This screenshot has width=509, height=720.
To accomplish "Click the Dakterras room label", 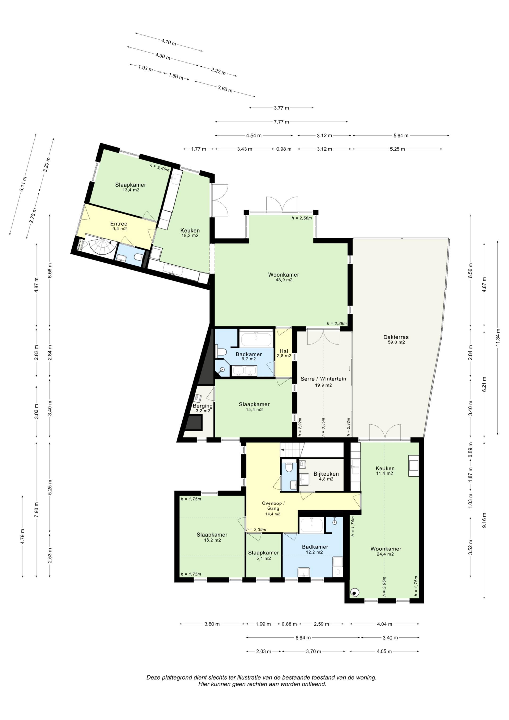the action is pyautogui.click(x=396, y=337).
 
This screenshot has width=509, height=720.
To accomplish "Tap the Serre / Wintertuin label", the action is pyautogui.click(x=323, y=379).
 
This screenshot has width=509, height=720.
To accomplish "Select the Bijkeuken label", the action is pyautogui.click(x=326, y=474).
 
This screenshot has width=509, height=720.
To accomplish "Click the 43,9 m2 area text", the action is pyautogui.click(x=283, y=280).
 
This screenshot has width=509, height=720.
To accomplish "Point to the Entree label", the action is pyautogui.click(x=119, y=224).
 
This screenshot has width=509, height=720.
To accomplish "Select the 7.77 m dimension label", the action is pyautogui.click(x=281, y=122).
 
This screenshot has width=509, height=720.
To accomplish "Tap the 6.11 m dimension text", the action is pyautogui.click(x=23, y=184).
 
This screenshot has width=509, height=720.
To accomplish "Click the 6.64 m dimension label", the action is pyautogui.click(x=303, y=638).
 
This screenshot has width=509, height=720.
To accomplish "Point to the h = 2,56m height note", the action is pyautogui.click(x=301, y=218).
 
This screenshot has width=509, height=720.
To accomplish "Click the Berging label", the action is pyautogui.click(x=203, y=406).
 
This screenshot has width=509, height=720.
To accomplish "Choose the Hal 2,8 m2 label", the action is pyautogui.click(x=284, y=354).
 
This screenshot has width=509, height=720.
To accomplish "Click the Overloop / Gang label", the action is pyautogui.click(x=273, y=506).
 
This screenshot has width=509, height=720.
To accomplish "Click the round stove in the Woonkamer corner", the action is pyautogui.click(x=354, y=593).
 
